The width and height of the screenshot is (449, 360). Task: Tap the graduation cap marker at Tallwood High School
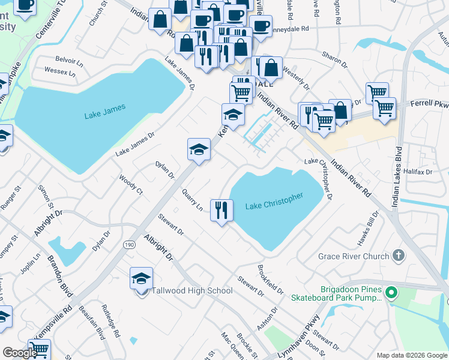[141, 279]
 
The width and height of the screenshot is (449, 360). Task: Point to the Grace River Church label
[354, 257]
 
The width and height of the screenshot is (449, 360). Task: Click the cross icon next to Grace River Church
[397, 256]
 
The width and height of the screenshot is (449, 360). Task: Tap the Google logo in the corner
[19, 353]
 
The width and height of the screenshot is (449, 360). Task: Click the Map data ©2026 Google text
[411, 355]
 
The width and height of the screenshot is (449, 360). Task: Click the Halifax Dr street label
[419, 172]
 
